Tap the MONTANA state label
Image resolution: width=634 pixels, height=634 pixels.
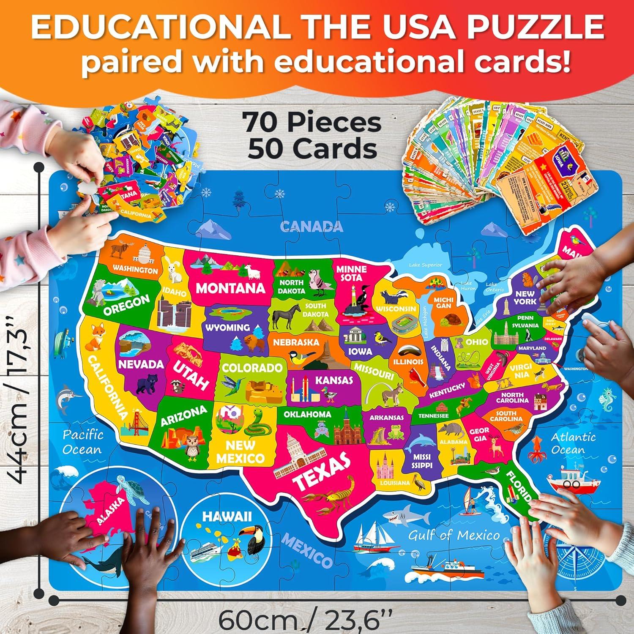(x=230, y=289)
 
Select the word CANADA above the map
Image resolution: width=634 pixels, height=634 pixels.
(x=312, y=227)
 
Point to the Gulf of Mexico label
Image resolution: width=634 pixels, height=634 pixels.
(x=454, y=536)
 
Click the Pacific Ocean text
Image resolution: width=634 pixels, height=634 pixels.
(x=82, y=442)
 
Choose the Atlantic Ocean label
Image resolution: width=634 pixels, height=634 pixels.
(x=573, y=443)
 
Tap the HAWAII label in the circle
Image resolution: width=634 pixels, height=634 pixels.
(x=227, y=516)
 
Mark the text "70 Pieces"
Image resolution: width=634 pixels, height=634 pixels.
(x=312, y=123)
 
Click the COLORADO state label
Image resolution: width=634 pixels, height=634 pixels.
(x=252, y=367)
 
